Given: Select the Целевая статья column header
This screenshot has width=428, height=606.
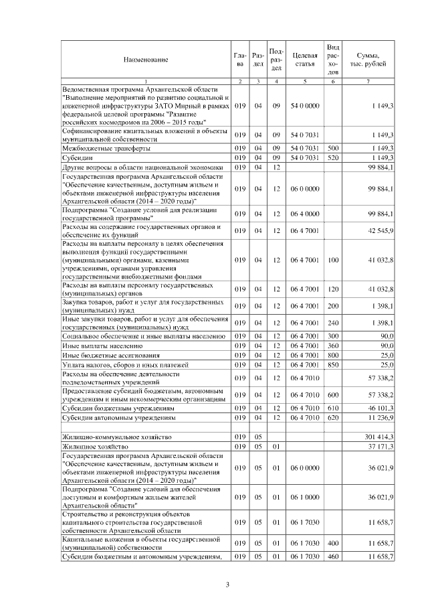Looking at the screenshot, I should [304, 60].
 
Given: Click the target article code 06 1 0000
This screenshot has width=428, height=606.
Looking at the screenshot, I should [304, 498].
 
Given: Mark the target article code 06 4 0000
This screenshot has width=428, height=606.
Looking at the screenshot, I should [304, 214].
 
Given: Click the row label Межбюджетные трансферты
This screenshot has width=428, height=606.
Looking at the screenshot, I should [97, 147].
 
